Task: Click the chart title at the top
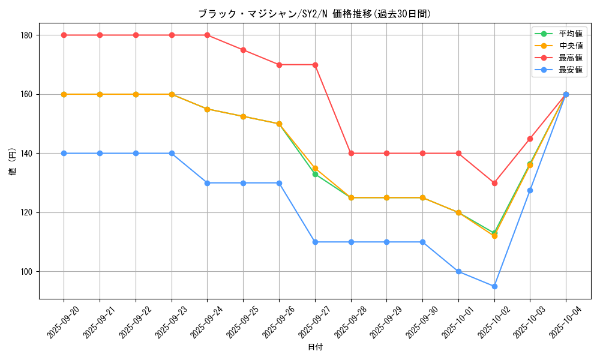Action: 314,14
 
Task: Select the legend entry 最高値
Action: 570,58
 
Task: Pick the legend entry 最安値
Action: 570,70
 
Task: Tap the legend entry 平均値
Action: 570,34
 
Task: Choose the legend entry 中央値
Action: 570,46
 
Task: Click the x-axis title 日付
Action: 315,347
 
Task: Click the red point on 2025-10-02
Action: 494,183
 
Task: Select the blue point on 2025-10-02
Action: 494,286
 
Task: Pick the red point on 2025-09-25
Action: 243,50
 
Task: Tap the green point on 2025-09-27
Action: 315,174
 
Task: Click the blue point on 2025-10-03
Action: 530,190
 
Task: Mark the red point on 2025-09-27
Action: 315,65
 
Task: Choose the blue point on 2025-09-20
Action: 64,154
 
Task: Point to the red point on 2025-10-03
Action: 530,139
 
